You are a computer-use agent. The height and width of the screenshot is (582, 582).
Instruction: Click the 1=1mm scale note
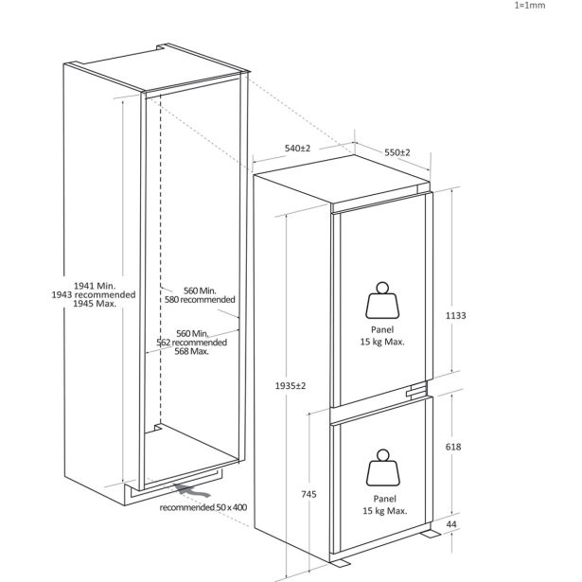(530, 5)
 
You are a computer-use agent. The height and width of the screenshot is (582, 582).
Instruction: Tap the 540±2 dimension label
(297, 148)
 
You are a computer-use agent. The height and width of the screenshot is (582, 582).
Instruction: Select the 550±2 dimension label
(397, 152)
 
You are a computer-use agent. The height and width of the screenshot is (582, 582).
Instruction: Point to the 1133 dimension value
(455, 315)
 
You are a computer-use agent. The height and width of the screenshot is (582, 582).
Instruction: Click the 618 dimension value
(453, 447)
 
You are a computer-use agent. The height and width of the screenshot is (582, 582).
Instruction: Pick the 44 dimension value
(451, 524)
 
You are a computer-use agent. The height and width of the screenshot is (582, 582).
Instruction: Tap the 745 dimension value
(309, 494)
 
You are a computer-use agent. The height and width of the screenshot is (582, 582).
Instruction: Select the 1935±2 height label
(291, 386)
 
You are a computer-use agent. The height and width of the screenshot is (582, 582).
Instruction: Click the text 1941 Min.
(95, 286)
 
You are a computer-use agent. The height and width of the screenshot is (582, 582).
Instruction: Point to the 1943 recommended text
(94, 294)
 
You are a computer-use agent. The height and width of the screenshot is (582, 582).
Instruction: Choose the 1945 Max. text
(95, 304)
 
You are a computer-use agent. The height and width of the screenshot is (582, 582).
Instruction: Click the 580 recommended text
(200, 300)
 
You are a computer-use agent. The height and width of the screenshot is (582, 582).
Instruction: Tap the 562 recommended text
(191, 343)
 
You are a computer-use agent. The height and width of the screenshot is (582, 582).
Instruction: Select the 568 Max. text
(191, 351)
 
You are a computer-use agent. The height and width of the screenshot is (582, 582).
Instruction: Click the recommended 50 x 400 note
(203, 507)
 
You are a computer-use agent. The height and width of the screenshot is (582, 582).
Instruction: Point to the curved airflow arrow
(192, 490)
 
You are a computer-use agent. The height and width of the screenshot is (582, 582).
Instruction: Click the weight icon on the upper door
(382, 300)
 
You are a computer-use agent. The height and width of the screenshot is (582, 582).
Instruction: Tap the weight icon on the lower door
(383, 467)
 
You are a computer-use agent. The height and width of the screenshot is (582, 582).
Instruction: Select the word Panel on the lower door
(384, 499)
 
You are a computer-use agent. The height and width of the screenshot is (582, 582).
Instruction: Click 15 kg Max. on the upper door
(382, 342)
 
